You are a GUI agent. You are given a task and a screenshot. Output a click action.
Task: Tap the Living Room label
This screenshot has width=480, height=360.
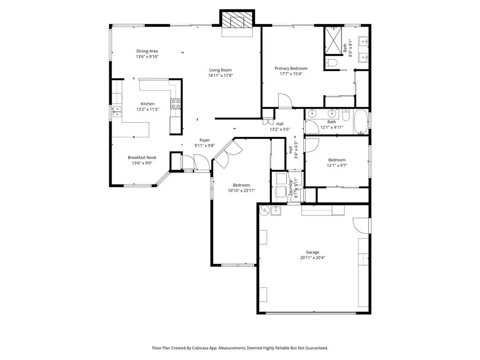point(220,70)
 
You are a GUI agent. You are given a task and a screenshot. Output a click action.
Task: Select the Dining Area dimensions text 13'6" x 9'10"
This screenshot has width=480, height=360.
point(147,57)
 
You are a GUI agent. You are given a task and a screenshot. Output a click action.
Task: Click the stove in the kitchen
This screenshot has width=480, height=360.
point(176,104)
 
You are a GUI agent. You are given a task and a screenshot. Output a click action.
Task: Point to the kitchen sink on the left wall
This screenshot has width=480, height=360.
point(116,112)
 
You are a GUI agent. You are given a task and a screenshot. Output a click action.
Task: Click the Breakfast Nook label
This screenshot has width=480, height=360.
point(142,157)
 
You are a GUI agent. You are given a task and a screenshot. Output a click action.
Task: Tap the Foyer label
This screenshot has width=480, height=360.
point(205,140)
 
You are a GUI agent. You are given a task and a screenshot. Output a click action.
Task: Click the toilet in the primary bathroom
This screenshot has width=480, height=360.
point(331,63)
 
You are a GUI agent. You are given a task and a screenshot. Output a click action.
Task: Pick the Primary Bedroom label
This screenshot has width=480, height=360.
point(291,68)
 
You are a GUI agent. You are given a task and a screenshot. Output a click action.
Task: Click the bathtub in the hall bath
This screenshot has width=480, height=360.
point(360,122)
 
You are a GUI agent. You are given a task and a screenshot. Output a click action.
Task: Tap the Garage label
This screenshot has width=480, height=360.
point(313,252)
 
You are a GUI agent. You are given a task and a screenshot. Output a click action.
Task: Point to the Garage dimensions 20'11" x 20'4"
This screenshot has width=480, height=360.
point(313,258)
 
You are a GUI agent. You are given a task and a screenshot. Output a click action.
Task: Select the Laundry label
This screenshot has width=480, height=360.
point(291,187)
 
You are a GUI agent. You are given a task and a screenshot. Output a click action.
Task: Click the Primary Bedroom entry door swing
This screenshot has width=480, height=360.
point(285,100)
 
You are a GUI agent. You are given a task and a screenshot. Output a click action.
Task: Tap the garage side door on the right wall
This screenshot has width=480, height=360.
point(361,225)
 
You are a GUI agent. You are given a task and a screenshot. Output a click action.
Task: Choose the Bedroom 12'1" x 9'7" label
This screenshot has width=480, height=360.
point(337,160)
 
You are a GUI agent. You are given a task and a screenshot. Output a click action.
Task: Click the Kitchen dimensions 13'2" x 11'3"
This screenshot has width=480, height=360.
point(148,109)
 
